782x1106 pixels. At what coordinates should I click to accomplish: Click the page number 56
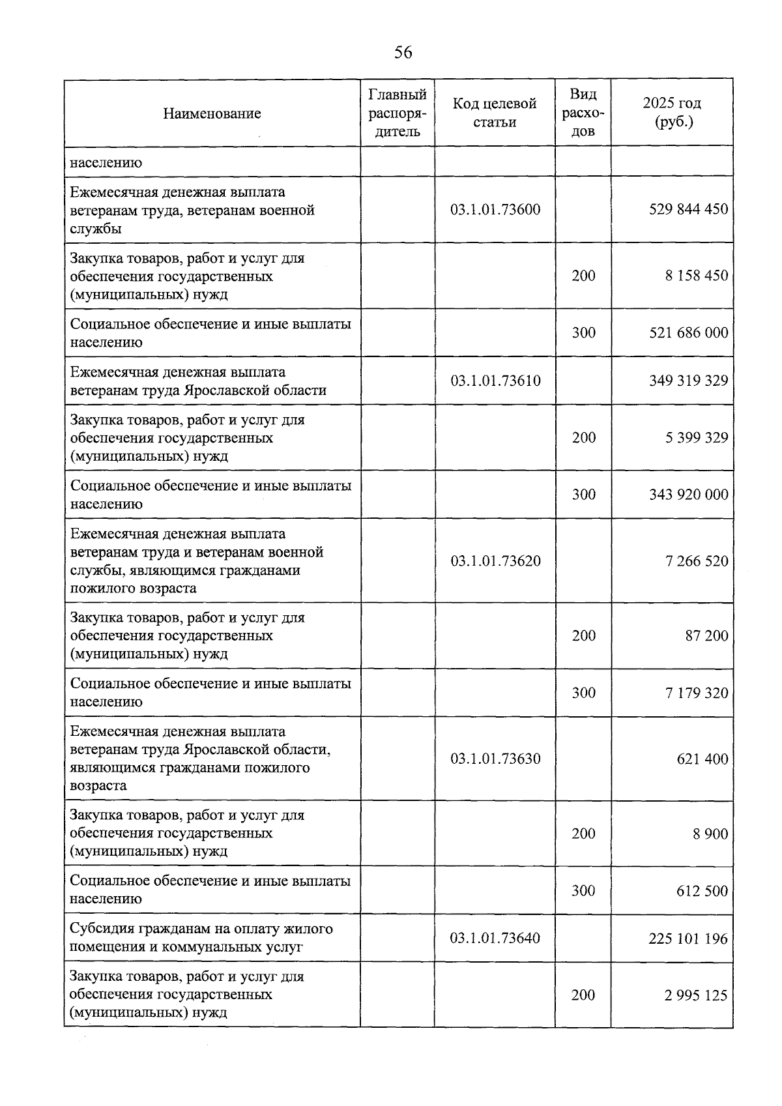(403, 53)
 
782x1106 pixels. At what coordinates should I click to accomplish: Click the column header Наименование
(212, 113)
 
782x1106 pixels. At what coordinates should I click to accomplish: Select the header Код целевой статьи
(495, 113)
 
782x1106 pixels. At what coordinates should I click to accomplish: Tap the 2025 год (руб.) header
(671, 113)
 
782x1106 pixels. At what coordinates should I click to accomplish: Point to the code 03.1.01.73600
(495, 210)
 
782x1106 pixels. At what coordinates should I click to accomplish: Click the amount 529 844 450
(688, 210)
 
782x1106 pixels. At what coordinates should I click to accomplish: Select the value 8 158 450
(696, 276)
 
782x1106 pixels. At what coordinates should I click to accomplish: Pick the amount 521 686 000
(688, 333)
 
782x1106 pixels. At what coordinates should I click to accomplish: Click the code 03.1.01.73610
(495, 381)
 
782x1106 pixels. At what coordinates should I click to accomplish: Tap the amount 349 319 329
(688, 381)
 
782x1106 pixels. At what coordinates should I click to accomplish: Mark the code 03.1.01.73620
(495, 561)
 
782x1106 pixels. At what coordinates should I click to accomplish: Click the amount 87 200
(706, 636)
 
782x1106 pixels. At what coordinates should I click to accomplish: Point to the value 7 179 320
(696, 693)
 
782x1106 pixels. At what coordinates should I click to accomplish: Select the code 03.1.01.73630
(495, 759)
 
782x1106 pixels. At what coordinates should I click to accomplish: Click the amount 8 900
(710, 834)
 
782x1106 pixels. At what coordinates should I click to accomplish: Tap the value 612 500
(702, 891)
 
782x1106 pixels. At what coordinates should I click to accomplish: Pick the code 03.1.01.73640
(495, 939)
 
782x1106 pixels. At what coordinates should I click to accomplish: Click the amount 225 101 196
(688, 939)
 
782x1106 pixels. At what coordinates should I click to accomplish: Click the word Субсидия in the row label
(102, 929)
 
